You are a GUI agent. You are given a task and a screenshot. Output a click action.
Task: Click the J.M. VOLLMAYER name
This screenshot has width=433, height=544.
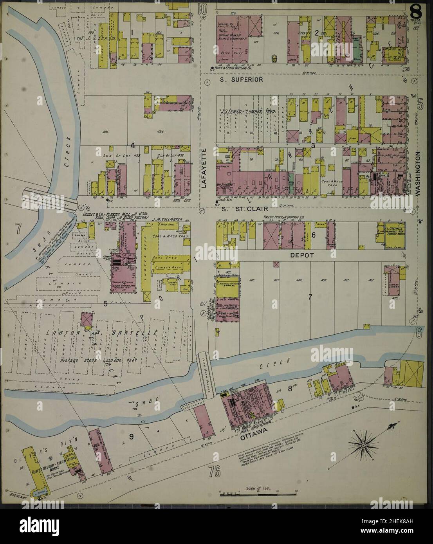(x=166, y=220)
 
